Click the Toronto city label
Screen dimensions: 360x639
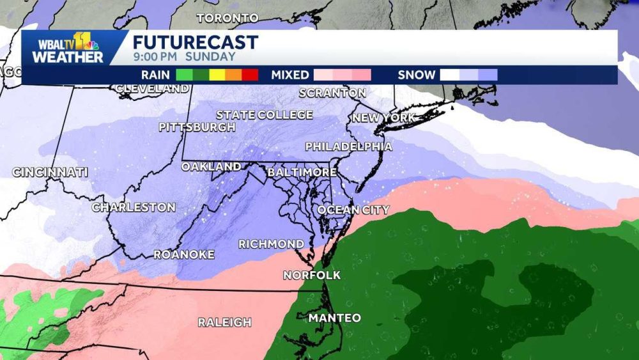click(x=227, y=18)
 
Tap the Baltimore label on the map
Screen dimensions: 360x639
click(x=302, y=173)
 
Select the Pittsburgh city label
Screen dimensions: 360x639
click(x=197, y=127)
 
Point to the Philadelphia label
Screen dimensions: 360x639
click(x=348, y=146)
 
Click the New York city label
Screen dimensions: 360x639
click(x=383, y=118)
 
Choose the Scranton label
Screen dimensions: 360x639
click(x=333, y=93)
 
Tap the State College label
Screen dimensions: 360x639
click(x=265, y=115)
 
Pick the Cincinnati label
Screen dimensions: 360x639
click(x=50, y=172)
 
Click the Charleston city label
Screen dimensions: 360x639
click(x=134, y=207)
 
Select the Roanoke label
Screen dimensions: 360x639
click(x=184, y=254)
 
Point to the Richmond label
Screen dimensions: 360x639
click(x=271, y=244)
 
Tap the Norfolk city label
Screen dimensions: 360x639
click(x=312, y=276)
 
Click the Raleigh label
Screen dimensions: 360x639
click(x=224, y=322)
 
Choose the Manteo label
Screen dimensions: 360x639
click(x=335, y=318)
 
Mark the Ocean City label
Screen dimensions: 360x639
click(x=353, y=210)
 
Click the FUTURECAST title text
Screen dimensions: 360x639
click(x=196, y=42)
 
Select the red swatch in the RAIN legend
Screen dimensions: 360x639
click(x=250, y=75)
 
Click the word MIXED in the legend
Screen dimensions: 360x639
click(x=289, y=75)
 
